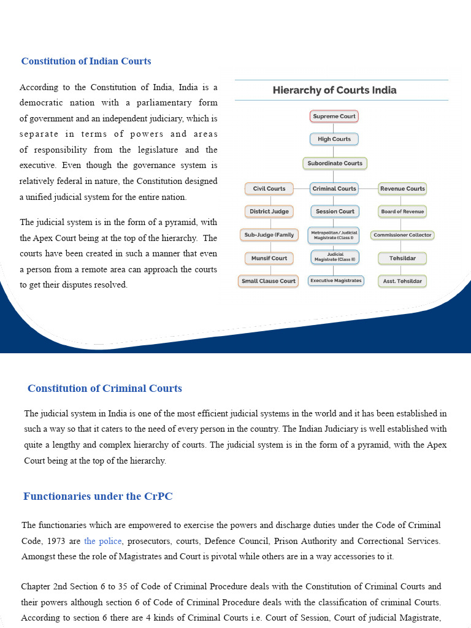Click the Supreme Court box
pos(334,116)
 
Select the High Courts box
pos(334,139)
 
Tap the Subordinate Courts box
pos(335,163)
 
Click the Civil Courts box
pos(269,189)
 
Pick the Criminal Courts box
pos(334,189)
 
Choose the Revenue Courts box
pos(402,189)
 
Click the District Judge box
pos(269,212)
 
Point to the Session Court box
pos(335,212)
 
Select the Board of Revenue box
pos(402,212)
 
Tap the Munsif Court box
pos(269,258)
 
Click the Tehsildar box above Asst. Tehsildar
pos(402,258)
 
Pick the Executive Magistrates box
pos(335,281)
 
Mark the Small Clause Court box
pos(269,281)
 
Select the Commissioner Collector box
pos(402,235)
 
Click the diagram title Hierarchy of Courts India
pos(335,90)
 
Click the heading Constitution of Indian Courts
pos(86,61)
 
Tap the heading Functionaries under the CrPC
pos(98,496)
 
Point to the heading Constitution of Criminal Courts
pos(105,388)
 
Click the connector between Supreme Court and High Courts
pos(334,128)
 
